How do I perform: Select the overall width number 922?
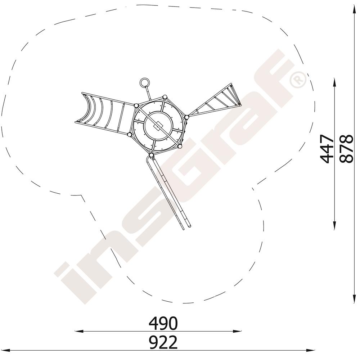[163, 342]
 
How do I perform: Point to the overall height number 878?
[346, 149]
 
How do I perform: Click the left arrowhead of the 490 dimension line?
[79, 331]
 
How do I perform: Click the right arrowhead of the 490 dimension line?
[237, 331]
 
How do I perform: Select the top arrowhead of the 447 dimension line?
[334, 82]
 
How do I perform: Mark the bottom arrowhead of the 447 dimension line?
[334, 225]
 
